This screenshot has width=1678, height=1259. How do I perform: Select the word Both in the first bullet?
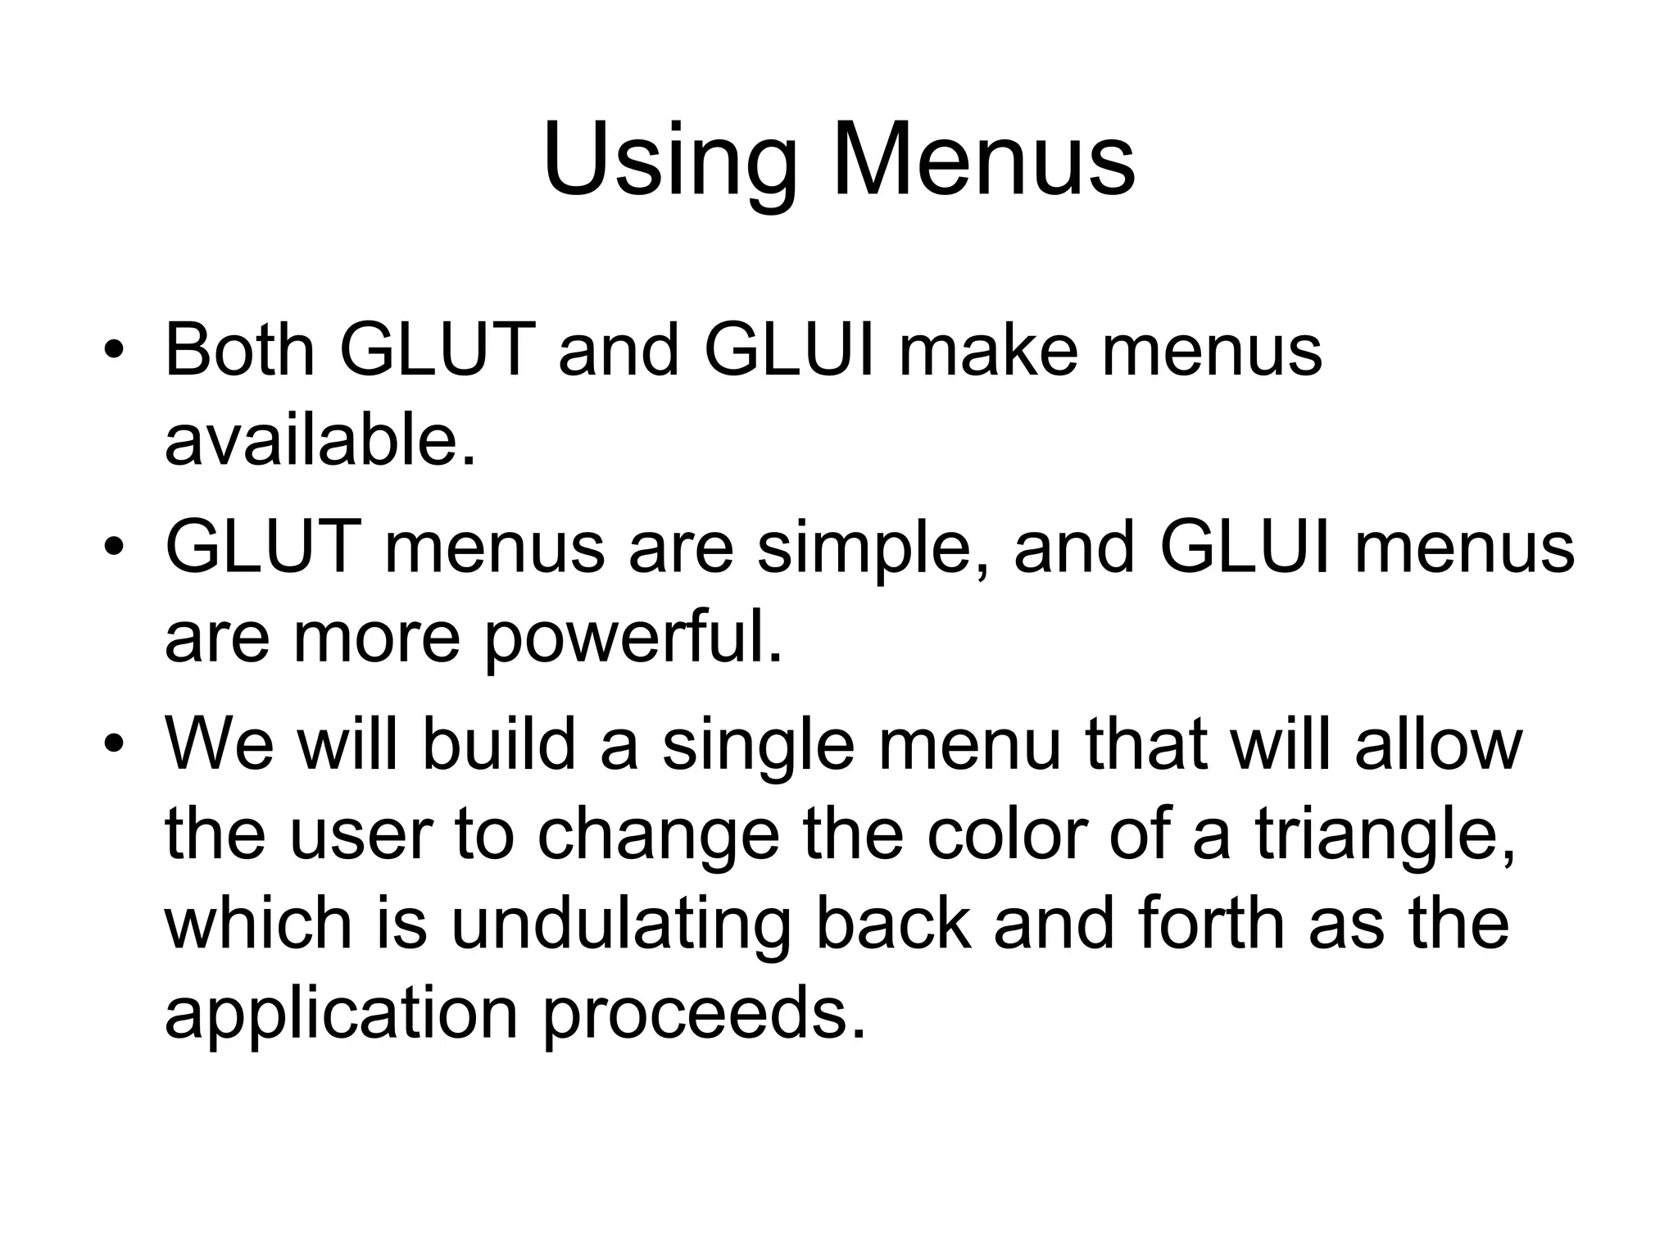(240, 350)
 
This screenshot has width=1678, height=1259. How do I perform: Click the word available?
(320, 440)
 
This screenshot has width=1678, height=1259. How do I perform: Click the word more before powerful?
(377, 638)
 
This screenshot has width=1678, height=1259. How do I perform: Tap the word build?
(499, 744)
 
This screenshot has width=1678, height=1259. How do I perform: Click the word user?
(361, 835)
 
